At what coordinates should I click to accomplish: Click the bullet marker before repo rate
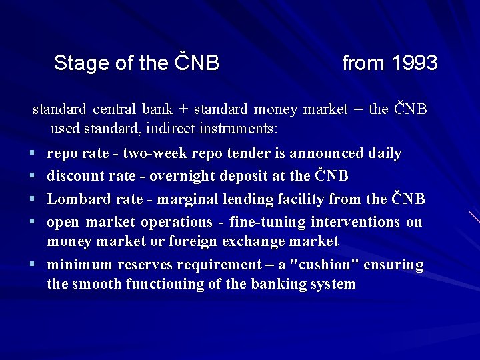pos(32,154)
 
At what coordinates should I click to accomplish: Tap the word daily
pos(385,154)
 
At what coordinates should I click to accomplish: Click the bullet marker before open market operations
pos(32,222)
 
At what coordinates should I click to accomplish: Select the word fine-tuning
pos(264,222)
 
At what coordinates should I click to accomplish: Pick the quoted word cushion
pos(326,265)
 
